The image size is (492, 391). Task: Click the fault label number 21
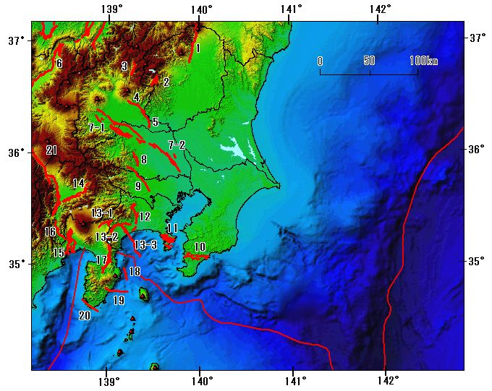click(x=51, y=150)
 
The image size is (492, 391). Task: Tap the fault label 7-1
click(x=96, y=128)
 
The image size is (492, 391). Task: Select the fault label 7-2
click(x=177, y=145)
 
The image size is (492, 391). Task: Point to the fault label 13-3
click(x=145, y=245)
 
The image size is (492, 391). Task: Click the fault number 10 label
click(x=200, y=247)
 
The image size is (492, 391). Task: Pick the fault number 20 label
click(x=85, y=316)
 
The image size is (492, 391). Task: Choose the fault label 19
click(x=119, y=300)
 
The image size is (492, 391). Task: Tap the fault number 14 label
click(x=78, y=183)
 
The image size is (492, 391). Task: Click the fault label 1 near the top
click(x=198, y=48)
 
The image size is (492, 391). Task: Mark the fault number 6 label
click(x=59, y=64)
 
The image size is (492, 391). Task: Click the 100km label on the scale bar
click(x=423, y=61)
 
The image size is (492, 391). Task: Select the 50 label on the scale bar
click(x=370, y=61)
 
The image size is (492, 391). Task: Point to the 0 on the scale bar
click(x=320, y=61)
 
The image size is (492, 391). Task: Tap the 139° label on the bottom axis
click(x=108, y=381)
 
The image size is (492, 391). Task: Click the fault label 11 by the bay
click(x=171, y=228)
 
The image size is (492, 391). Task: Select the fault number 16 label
click(x=50, y=232)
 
